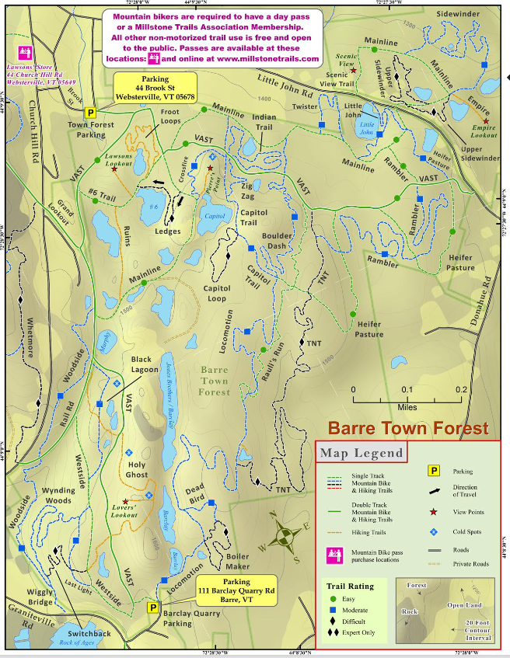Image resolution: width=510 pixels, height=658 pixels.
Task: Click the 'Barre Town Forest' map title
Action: (x=407, y=428)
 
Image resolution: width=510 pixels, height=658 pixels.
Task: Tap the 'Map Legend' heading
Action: (x=360, y=453)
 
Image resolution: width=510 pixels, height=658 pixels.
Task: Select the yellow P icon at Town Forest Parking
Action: (x=90, y=113)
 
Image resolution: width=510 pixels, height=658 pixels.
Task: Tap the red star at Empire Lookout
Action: (x=486, y=121)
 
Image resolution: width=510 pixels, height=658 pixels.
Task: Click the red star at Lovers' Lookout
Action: (x=125, y=501)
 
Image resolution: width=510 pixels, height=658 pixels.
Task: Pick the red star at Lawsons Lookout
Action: (x=114, y=168)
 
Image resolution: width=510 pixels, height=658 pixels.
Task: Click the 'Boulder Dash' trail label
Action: (x=277, y=241)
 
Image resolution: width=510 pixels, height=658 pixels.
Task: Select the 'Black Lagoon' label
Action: (x=141, y=365)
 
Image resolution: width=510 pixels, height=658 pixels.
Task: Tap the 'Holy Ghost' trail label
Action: (x=136, y=470)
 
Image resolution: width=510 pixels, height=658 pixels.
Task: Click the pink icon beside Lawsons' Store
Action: (x=23, y=53)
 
